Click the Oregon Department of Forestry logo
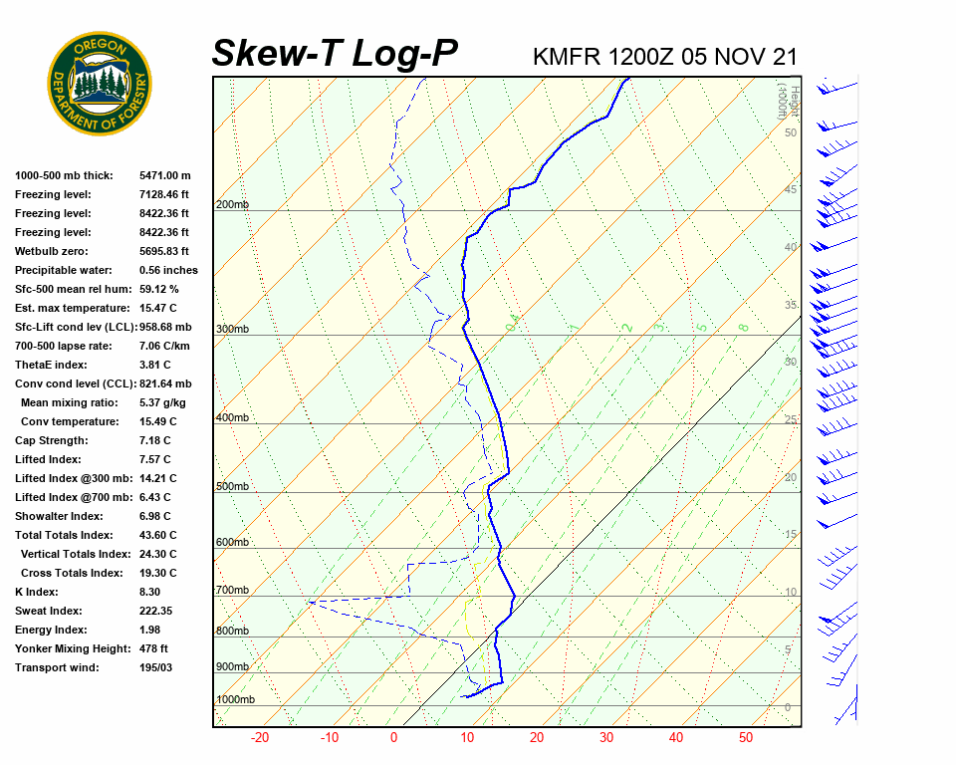click(x=100, y=84)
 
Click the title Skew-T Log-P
click(x=335, y=54)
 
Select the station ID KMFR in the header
click(x=567, y=57)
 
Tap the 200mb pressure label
click(x=232, y=204)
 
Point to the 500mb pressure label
click(x=232, y=486)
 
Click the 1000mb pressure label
click(x=235, y=699)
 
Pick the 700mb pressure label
click(x=232, y=590)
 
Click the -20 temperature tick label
click(x=260, y=737)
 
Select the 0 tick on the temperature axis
click(x=393, y=737)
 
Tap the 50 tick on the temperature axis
click(x=746, y=737)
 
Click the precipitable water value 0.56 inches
click(x=168, y=270)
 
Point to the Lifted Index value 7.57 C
click(x=154, y=459)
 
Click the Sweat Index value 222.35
click(x=156, y=611)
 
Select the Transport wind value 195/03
click(x=156, y=667)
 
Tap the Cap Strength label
click(x=51, y=440)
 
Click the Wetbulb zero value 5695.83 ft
click(x=164, y=251)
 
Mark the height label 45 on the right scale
click(x=791, y=189)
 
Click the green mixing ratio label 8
click(x=743, y=327)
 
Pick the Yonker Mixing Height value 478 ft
click(x=154, y=648)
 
